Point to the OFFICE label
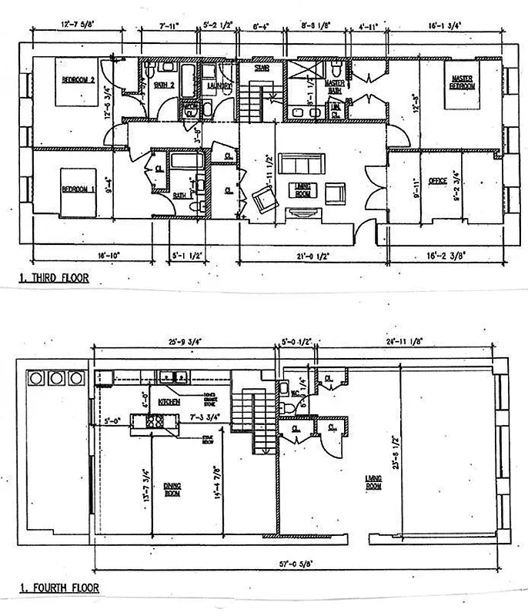[437, 182]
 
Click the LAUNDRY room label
[220, 86]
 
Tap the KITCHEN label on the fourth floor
[169, 402]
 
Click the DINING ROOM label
[172, 489]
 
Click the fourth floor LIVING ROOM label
[373, 481]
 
